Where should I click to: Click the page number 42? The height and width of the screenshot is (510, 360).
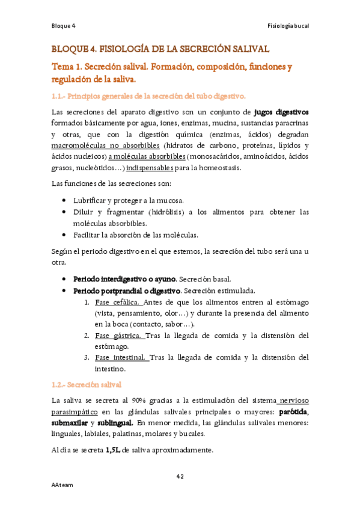point(180,477)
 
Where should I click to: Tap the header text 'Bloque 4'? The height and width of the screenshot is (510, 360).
point(63,26)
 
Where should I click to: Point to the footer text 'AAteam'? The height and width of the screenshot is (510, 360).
point(62,485)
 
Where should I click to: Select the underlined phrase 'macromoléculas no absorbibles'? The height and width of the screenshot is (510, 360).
point(105,146)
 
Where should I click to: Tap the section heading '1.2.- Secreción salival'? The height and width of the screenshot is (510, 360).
point(87,384)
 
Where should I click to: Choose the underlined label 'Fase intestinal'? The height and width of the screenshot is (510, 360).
point(121,357)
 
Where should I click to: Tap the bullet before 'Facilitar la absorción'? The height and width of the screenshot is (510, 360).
point(64,235)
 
